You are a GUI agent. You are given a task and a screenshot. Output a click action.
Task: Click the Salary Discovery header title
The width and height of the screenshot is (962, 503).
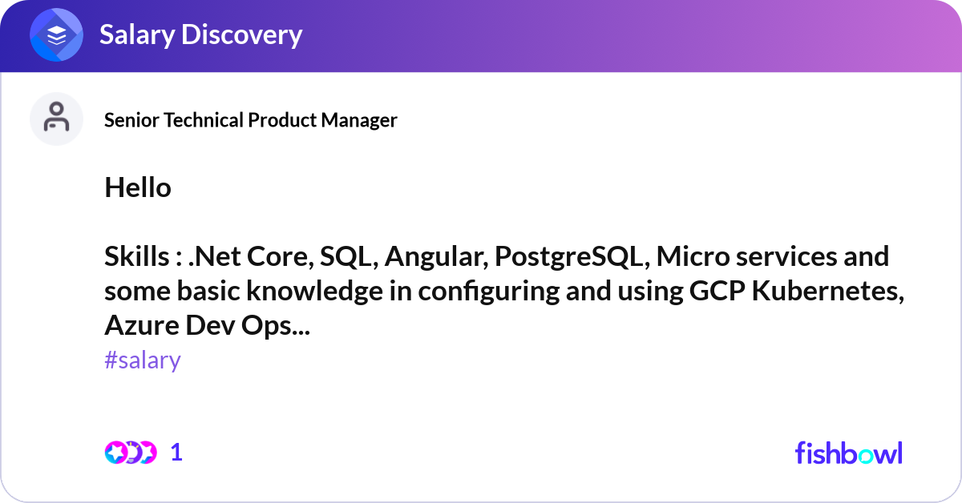coord(200,35)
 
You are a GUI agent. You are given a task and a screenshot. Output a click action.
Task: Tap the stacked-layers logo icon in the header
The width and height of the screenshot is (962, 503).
coord(57,35)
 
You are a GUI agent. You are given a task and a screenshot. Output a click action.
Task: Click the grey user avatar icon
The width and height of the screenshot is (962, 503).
coord(57,119)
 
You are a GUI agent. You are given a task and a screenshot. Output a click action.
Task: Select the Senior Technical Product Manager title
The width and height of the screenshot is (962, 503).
coord(250,120)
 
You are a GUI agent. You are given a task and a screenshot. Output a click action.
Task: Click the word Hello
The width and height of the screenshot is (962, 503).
coord(137,188)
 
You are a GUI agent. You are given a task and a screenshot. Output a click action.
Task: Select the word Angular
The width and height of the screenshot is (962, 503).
coord(435,257)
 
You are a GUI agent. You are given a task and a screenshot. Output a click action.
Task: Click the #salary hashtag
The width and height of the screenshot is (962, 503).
coord(143,360)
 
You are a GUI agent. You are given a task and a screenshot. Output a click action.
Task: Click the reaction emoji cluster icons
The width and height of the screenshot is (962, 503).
coord(130,453)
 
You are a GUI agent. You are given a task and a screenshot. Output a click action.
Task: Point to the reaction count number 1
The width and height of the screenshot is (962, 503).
coord(176,453)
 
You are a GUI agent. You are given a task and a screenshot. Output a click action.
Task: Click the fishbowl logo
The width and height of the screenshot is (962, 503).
coord(848,453)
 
